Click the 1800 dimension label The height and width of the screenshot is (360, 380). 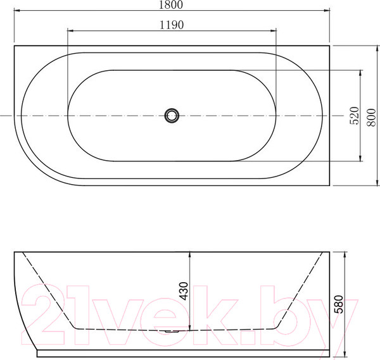[x=171, y=5]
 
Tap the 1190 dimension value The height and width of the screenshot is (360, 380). [x=172, y=25]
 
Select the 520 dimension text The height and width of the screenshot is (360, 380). [x=354, y=116]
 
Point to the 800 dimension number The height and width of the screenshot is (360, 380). [x=371, y=118]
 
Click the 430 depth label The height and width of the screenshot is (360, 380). [x=184, y=291]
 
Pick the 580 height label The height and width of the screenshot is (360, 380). [x=339, y=304]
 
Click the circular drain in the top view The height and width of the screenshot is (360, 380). [x=172, y=115]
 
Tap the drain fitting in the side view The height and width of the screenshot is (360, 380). [x=172, y=331]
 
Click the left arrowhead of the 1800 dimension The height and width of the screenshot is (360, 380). [x=17, y=10]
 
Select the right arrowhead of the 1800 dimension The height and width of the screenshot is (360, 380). [x=327, y=10]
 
